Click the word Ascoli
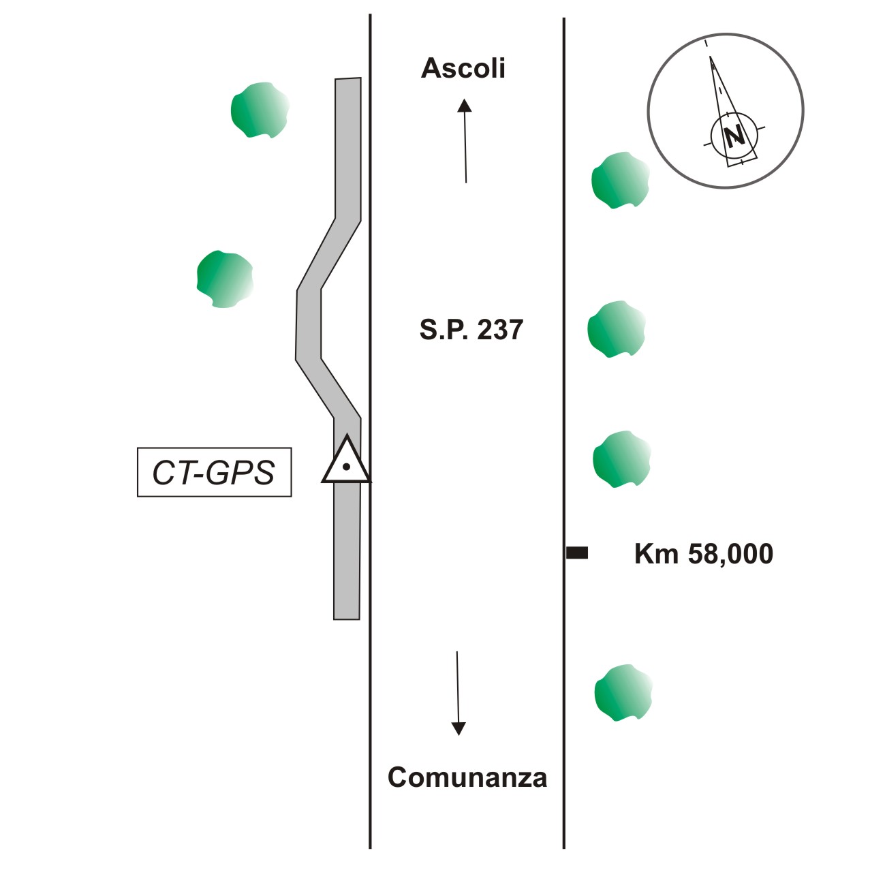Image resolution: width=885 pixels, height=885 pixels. [x=463, y=69]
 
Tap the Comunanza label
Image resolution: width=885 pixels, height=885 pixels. [x=467, y=777]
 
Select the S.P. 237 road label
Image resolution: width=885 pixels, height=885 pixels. [x=471, y=330]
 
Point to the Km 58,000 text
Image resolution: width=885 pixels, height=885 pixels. [x=703, y=554]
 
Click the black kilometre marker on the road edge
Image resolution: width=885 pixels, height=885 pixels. [x=577, y=553]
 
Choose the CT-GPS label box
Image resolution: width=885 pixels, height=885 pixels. [x=214, y=472]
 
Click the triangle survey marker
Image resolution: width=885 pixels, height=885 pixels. [x=346, y=461]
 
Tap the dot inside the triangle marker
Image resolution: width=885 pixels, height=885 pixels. [x=346, y=467]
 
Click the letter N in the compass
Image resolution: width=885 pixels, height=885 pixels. [x=734, y=136]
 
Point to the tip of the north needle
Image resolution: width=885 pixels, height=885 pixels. [x=711, y=59]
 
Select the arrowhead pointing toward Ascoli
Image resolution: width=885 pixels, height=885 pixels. [x=464, y=104]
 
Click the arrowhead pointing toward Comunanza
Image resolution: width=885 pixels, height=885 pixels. [x=459, y=728]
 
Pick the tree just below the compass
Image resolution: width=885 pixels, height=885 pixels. [x=619, y=180]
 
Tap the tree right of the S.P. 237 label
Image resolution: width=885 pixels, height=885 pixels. [x=616, y=329]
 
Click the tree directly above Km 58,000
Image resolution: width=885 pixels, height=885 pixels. [x=621, y=459]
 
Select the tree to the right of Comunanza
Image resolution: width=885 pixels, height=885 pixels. [x=623, y=693]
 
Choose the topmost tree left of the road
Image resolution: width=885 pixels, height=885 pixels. [x=260, y=110]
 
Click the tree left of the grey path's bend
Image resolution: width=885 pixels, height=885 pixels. [x=224, y=279]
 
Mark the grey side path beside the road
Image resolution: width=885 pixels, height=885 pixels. [x=347, y=545]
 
